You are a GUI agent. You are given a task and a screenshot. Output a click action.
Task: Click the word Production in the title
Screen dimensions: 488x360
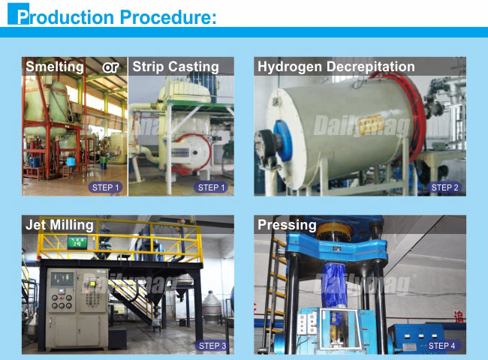click(x=65, y=16)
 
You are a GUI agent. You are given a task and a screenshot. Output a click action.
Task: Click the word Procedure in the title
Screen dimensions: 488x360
click(x=168, y=16)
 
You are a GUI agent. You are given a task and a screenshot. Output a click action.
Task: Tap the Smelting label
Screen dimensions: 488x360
click(x=55, y=67)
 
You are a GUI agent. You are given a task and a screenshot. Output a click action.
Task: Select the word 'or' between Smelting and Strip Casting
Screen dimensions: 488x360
click(x=110, y=67)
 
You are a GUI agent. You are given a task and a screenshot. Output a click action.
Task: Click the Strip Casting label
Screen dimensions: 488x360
click(x=176, y=67)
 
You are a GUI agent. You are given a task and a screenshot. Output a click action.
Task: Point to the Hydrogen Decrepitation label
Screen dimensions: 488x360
click(x=336, y=67)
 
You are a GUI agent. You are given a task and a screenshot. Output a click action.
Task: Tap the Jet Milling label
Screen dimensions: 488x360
click(x=59, y=225)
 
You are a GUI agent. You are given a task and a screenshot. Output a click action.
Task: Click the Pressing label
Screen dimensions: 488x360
click(x=287, y=225)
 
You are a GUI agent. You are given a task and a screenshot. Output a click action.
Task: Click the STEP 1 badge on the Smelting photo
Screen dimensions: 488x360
click(x=105, y=187)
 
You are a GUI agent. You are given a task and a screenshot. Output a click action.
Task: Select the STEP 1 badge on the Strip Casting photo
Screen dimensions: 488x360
click(x=211, y=187)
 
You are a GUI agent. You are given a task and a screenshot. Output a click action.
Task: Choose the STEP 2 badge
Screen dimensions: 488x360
click(x=444, y=187)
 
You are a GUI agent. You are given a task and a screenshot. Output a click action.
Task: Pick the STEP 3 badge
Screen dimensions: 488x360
click(x=212, y=346)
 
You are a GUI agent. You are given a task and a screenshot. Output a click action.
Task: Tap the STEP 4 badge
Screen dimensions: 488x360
click(x=441, y=346)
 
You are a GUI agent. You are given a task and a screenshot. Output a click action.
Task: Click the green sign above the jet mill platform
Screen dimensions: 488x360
click(x=77, y=242)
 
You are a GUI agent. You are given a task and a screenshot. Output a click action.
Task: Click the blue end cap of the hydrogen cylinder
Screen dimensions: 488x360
click(x=282, y=141)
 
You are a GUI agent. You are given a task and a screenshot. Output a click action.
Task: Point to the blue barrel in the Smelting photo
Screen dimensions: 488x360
click(x=71, y=161)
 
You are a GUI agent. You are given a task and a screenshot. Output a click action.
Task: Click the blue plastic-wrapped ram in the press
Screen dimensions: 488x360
click(x=333, y=283)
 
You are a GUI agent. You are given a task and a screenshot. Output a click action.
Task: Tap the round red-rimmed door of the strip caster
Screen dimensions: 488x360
click(x=191, y=153)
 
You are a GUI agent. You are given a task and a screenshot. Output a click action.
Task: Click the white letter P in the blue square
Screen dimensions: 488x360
click(x=23, y=16)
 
